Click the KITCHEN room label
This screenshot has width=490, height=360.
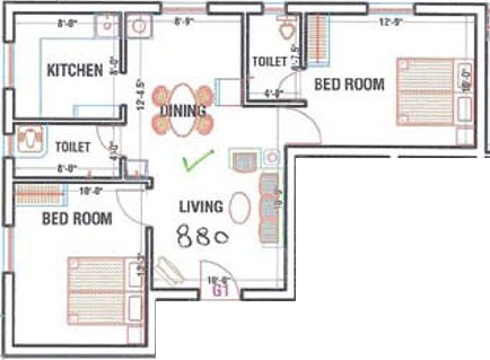pos(74,70)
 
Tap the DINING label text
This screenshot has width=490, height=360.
pos(183,110)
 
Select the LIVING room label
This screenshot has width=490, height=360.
pos(201,207)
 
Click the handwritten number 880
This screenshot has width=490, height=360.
pos(202,236)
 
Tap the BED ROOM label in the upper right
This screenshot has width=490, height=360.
pos(349,84)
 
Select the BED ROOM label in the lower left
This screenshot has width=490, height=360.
pos(77,219)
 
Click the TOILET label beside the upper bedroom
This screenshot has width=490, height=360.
pos(269,61)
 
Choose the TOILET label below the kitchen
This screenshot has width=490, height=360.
pos(73,147)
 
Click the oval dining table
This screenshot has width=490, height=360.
pos(183,110)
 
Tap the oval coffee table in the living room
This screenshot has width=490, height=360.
pos(240,207)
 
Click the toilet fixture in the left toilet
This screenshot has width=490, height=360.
pos(30,139)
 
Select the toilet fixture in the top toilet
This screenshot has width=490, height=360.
pos(287,29)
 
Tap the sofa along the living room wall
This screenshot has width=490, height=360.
pos(269,208)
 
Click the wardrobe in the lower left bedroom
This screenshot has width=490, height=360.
pos(39,194)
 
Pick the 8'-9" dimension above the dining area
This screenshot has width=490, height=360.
pos(184,22)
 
